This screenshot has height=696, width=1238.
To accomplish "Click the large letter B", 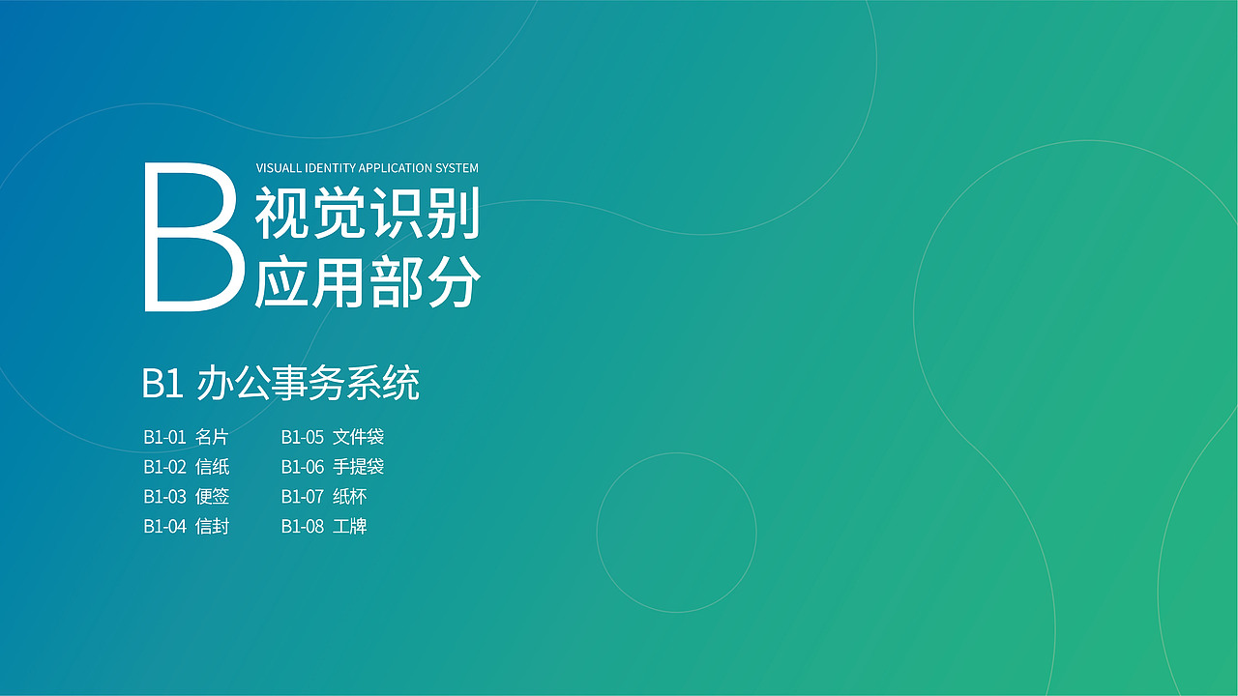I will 192,237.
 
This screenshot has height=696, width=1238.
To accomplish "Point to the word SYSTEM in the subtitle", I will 457,168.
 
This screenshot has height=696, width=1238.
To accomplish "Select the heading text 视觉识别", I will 368,215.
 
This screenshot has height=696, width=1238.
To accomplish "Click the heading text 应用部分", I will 368,284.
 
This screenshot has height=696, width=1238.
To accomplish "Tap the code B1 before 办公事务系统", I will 162,384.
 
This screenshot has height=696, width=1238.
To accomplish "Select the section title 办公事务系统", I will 308,384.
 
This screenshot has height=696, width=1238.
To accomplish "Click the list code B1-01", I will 164,437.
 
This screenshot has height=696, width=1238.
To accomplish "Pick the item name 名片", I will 212,437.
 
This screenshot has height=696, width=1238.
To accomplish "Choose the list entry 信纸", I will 212,467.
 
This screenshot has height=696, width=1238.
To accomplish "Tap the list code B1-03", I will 164,497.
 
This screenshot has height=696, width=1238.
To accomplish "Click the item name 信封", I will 212,527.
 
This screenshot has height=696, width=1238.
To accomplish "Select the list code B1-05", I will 302,437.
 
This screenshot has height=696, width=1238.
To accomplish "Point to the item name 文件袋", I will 358,437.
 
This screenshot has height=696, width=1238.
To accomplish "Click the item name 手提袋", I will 358,467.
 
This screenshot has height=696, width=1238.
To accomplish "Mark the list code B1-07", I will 302,497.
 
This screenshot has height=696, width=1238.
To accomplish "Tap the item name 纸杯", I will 349,497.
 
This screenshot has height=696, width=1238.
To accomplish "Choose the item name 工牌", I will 349,527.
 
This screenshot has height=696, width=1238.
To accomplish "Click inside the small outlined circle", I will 676,533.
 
